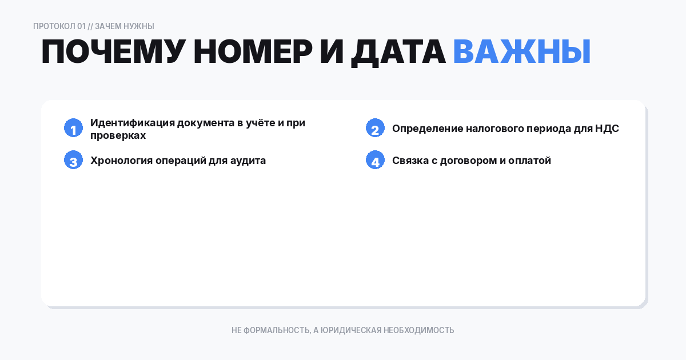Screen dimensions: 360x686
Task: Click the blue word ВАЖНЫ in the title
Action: (x=521, y=53)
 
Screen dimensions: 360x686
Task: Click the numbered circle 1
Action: (x=73, y=129)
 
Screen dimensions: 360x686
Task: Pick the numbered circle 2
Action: (x=375, y=129)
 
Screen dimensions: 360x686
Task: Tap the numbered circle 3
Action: (x=73, y=161)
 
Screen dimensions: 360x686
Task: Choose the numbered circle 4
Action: (x=375, y=161)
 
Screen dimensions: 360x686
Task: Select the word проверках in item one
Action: (x=118, y=135)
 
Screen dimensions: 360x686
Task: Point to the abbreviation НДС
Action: (x=607, y=129)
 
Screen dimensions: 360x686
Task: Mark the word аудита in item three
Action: (x=248, y=161)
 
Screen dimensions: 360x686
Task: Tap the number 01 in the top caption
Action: (x=81, y=26)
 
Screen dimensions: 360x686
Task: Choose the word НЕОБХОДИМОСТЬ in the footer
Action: (x=419, y=330)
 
